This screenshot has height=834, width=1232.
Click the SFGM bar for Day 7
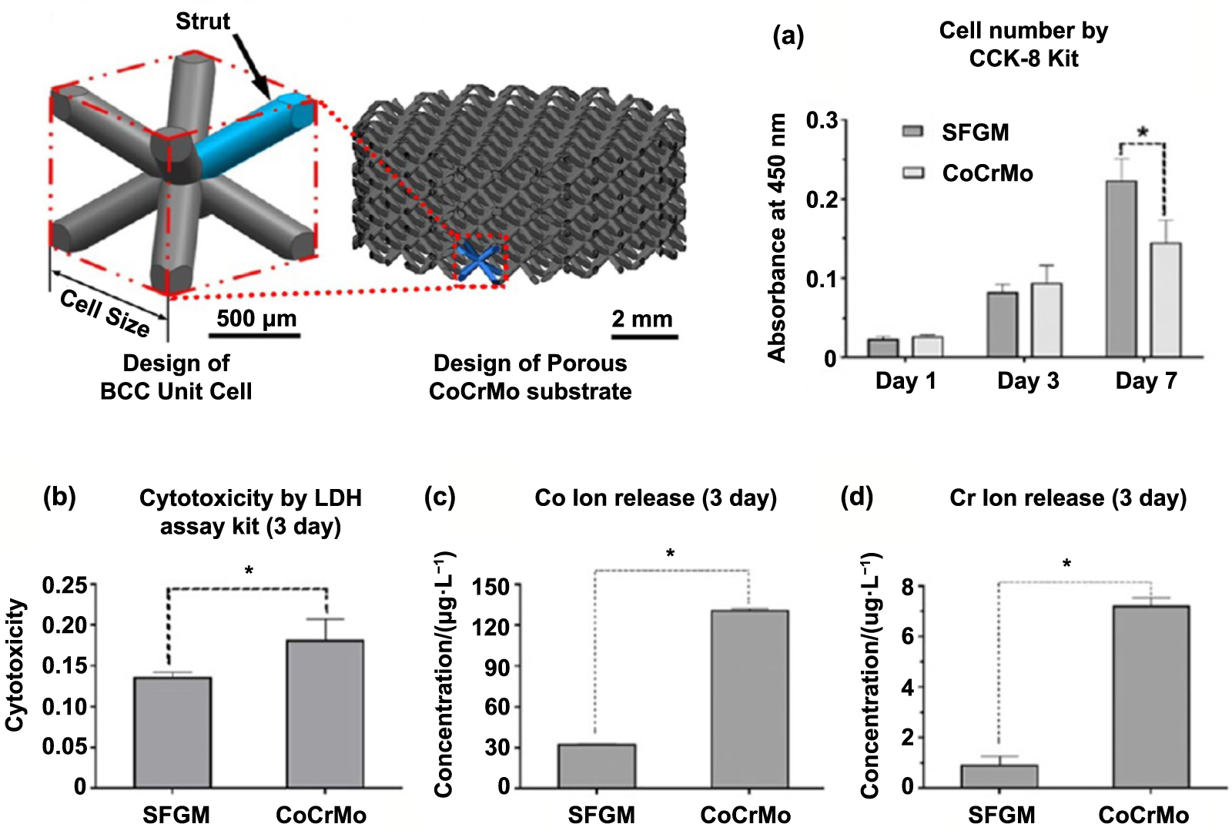pos(1120,270)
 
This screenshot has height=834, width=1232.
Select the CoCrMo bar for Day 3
pos(1046,320)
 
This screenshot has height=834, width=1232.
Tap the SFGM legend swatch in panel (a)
pos(913,132)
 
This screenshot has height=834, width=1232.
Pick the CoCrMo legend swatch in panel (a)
pos(913,172)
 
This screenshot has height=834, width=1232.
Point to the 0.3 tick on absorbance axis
pos(822,121)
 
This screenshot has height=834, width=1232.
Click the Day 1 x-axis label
pos(906,380)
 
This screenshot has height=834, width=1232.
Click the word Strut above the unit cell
pos(203,21)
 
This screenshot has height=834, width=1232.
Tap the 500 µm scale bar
pos(254,335)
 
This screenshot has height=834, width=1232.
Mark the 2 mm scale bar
pos(644,336)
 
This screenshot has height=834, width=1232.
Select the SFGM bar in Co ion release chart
pos(597,766)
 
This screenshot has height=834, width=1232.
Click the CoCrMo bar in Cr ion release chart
pos(1150,697)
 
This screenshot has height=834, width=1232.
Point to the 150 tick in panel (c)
pos(491,587)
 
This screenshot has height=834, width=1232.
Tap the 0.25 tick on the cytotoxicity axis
pos(65,585)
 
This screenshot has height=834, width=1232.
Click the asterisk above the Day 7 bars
pos(1143,132)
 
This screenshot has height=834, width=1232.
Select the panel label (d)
pos(856,497)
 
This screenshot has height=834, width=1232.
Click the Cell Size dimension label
pos(105,313)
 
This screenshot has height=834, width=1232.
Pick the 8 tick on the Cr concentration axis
pos(909,587)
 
